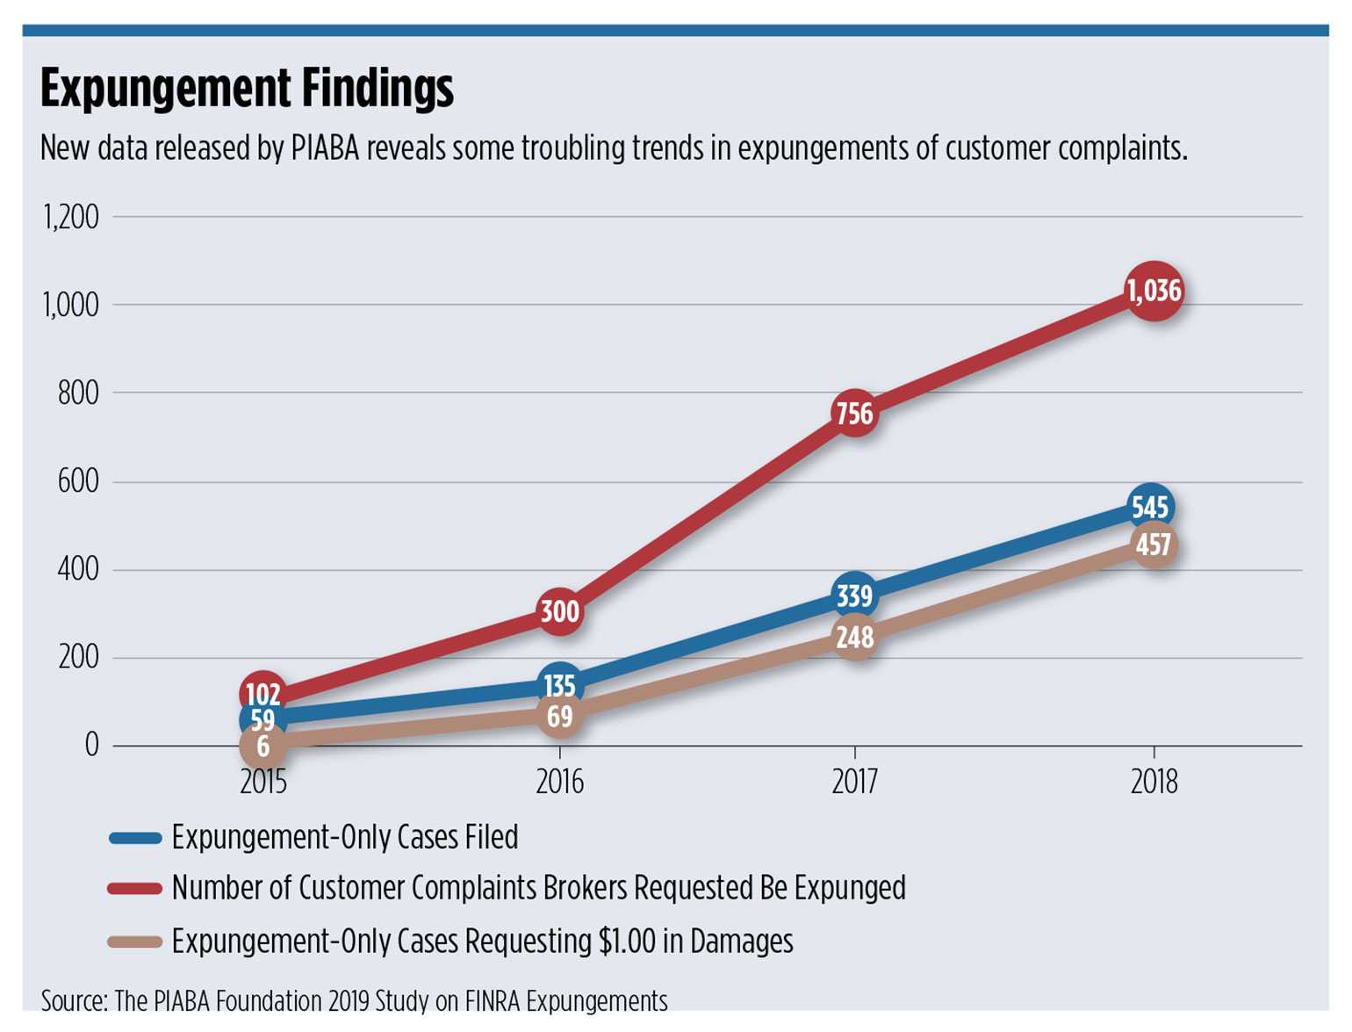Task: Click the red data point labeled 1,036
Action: [1154, 291]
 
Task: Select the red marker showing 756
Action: [854, 414]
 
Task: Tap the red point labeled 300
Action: [559, 611]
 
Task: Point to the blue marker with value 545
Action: [1150, 508]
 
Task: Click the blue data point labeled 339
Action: [854, 596]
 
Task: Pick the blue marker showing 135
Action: [559, 685]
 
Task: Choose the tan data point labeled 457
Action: [1154, 545]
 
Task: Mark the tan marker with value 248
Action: [854, 637]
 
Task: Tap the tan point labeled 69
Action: [559, 717]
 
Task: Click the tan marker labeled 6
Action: [262, 747]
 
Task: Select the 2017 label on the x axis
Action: [854, 782]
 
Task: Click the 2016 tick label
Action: [559, 782]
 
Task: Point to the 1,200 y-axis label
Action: [71, 217]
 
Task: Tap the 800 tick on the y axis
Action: [78, 393]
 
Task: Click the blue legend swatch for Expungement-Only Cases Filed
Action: [135, 838]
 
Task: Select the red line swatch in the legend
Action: [135, 889]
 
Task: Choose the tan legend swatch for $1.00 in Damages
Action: [135, 942]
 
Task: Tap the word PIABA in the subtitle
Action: [325, 148]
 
